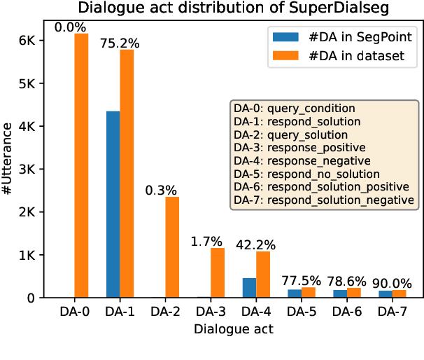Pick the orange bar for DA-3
pyautogui.click(x=218, y=272)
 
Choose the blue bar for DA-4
pyautogui.click(x=249, y=288)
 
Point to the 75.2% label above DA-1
pyautogui.click(x=120, y=43)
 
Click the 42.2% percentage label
pyautogui.click(x=256, y=245)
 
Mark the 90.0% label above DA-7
pyautogui.click(x=393, y=284)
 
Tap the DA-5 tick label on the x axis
pyautogui.click(x=302, y=311)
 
